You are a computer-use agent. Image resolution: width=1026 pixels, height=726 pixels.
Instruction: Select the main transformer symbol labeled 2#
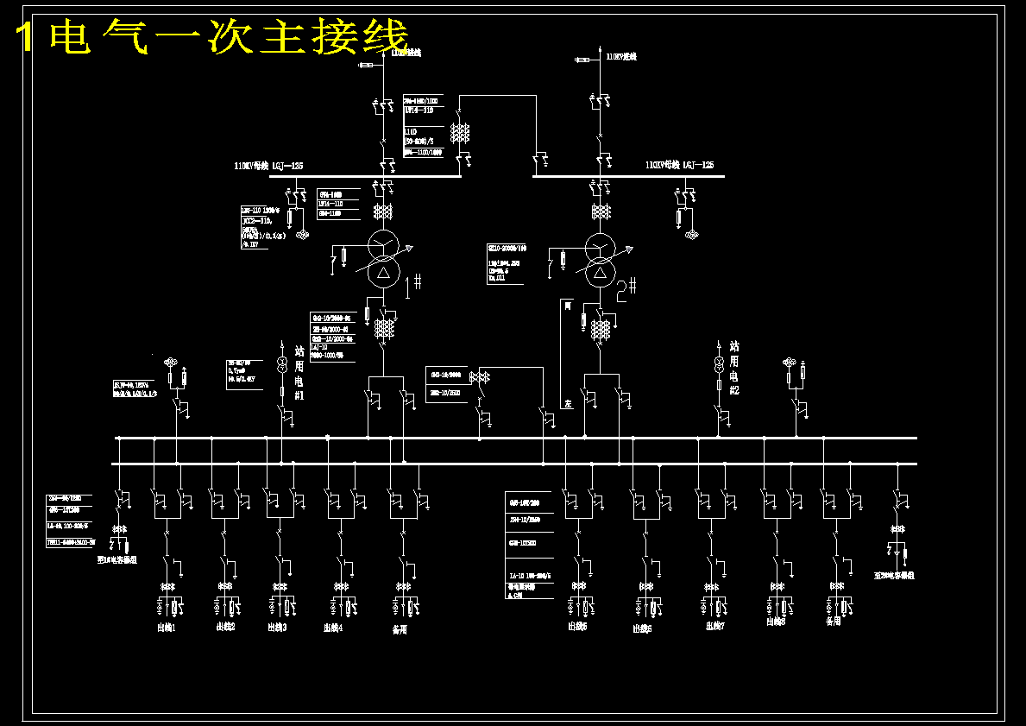point(601,259)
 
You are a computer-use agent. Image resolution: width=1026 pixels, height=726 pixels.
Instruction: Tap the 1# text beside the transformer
point(413,282)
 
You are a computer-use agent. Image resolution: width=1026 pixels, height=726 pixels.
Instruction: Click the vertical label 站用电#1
point(299,372)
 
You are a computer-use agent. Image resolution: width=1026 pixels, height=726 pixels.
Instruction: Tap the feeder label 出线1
point(166,628)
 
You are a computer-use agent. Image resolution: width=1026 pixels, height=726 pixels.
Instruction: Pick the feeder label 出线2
point(225,627)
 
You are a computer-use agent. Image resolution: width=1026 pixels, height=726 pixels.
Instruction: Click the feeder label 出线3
point(277,628)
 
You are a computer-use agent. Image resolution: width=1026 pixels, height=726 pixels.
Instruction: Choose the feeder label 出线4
point(333,628)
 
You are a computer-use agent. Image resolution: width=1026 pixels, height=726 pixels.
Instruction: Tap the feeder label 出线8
point(776,621)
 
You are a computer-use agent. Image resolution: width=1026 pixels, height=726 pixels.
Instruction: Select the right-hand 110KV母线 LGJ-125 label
point(679,164)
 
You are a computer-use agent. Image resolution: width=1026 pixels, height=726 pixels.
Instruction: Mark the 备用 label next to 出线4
point(398,630)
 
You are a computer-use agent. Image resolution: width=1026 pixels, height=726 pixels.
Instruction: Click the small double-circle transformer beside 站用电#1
point(281,364)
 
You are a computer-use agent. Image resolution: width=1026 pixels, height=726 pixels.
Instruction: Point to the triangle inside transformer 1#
point(383,272)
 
